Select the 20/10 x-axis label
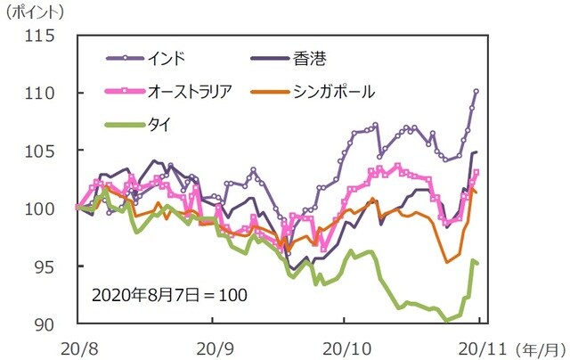[x=343, y=345]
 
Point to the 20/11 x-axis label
[x=481, y=345]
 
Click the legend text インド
[x=167, y=59]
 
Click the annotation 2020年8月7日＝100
[x=165, y=293]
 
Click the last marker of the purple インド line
[x=476, y=91]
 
